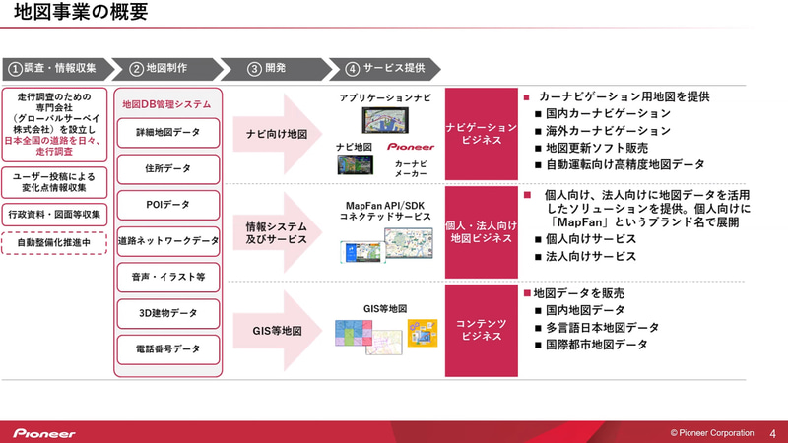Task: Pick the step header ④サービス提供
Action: [x=386, y=68]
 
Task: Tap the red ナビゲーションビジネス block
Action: [x=481, y=134]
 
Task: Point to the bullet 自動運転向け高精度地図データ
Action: [x=624, y=164]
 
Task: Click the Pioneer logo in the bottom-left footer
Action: [x=44, y=432]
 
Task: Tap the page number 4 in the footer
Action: [x=771, y=432]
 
